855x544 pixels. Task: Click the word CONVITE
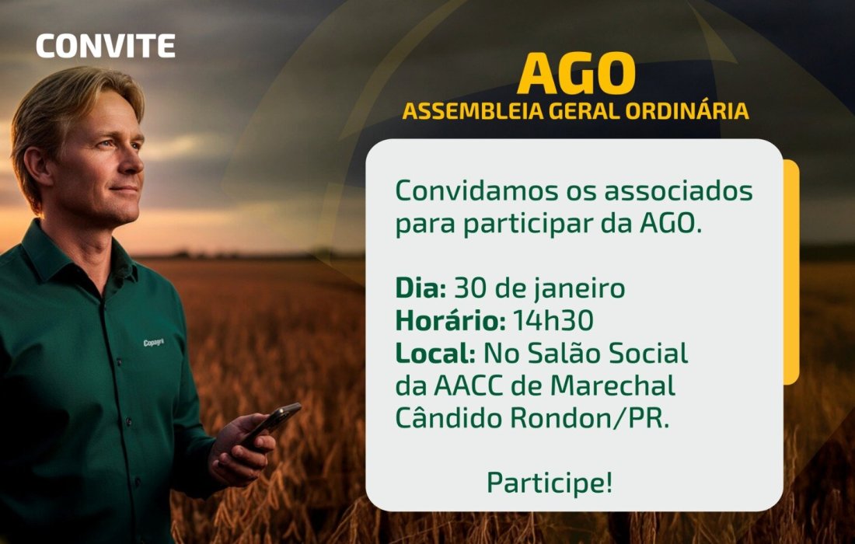[106, 47]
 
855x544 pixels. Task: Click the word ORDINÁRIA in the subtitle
[686, 111]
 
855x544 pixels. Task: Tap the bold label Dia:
[421, 288]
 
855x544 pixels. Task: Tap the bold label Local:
[435, 354]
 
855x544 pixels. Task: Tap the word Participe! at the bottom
[550, 483]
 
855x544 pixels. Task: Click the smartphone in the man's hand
[272, 424]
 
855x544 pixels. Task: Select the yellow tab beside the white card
[791, 272]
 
